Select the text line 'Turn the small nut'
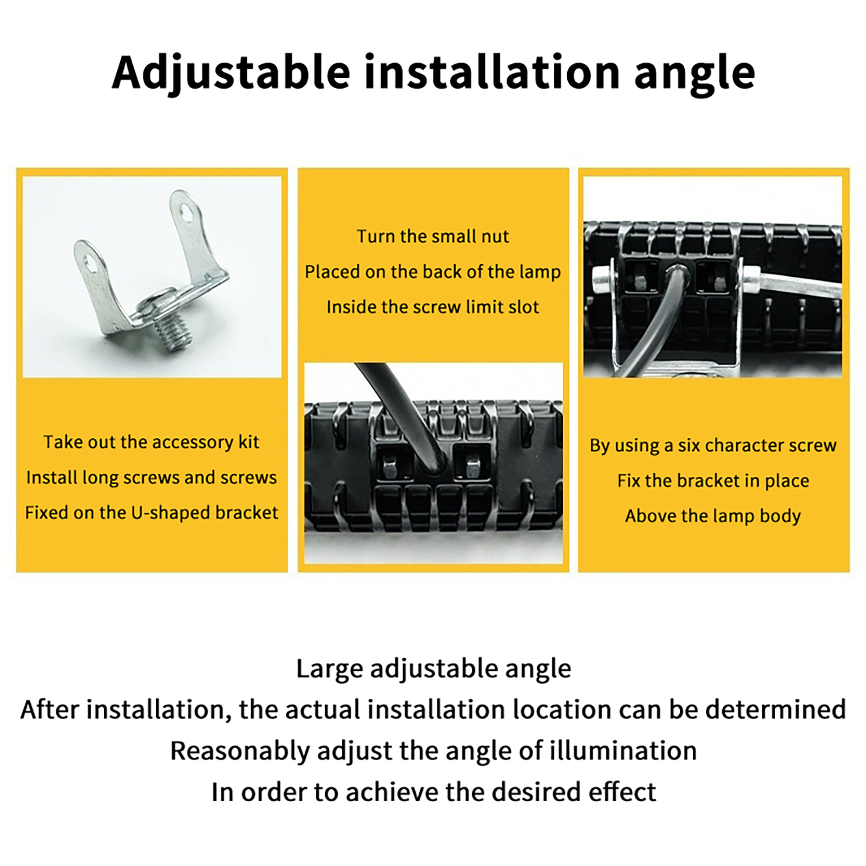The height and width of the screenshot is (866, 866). point(433,236)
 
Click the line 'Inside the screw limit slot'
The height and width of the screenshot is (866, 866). point(433,307)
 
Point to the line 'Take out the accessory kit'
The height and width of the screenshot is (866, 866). point(152,442)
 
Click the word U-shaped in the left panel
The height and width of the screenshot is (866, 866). point(172,513)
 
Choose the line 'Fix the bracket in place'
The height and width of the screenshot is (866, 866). point(713,481)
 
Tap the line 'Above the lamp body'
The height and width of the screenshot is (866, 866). point(713,516)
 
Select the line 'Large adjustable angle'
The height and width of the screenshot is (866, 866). point(434,669)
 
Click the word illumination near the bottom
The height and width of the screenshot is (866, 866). point(623,751)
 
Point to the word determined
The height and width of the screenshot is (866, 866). point(776,710)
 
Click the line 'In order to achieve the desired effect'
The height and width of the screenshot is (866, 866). point(434,792)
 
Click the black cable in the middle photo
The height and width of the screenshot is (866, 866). point(403,417)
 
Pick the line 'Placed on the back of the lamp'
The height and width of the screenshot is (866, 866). point(433,272)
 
